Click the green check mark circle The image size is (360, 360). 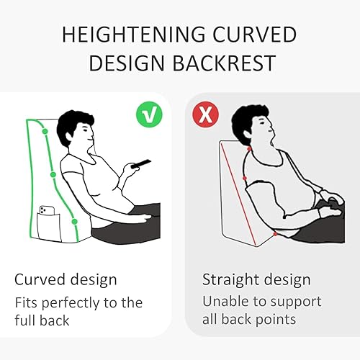pyautogui.click(x=149, y=114)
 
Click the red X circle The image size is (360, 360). pyautogui.click(x=206, y=114)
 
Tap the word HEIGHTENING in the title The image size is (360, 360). pyautogui.click(x=134, y=35)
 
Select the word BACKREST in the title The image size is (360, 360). pyautogui.click(x=224, y=63)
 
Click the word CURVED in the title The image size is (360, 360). pyautogui.click(x=255, y=35)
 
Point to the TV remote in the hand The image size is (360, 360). pyautogui.click(x=141, y=163)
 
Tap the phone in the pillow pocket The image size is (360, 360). pyautogui.click(x=48, y=210)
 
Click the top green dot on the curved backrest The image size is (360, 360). pyautogui.click(x=45, y=131)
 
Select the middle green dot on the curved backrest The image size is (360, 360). pyautogui.click(x=53, y=174)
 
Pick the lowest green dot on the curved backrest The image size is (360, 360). pyautogui.click(x=75, y=221)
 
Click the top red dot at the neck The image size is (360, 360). pyautogui.click(x=249, y=149)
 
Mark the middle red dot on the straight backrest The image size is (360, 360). pyautogui.click(x=245, y=178)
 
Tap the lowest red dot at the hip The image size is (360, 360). pyautogui.click(x=275, y=234)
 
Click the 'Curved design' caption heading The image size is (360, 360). pyautogui.click(x=66, y=279)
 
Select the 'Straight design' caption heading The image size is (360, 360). pyautogui.click(x=256, y=279)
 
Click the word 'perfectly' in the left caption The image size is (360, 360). pyautogui.click(x=70, y=303)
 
